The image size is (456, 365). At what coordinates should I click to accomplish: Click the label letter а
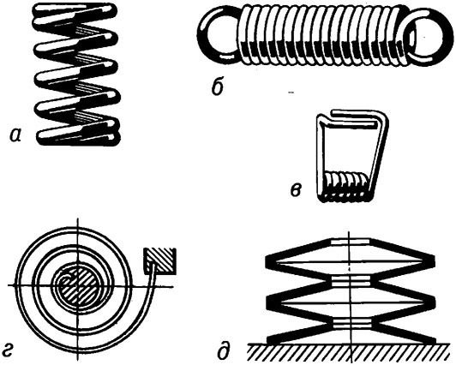15,135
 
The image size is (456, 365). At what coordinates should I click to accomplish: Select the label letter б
218,87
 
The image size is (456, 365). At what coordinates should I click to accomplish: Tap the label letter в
296,190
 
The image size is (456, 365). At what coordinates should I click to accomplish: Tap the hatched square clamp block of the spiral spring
159,261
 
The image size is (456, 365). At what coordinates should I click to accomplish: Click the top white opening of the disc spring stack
350,242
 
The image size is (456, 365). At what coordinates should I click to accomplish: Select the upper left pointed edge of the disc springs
271,261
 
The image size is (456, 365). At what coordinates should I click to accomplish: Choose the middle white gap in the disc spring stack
351,280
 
